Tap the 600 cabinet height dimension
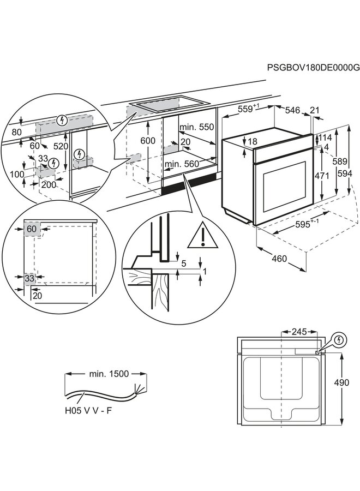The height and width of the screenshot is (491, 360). tap(148, 140)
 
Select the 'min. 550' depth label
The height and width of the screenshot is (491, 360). tap(197, 127)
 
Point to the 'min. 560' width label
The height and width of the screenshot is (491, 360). tap(182, 164)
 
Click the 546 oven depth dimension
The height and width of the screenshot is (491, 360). tap(293, 110)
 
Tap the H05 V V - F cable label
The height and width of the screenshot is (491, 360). tap(88, 410)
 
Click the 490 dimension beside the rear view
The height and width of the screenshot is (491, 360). tap(341, 383)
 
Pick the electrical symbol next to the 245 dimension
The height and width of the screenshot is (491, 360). tap(340, 339)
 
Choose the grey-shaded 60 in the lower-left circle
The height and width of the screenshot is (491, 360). tap(32, 229)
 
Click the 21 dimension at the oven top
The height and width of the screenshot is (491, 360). tap(315, 110)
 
